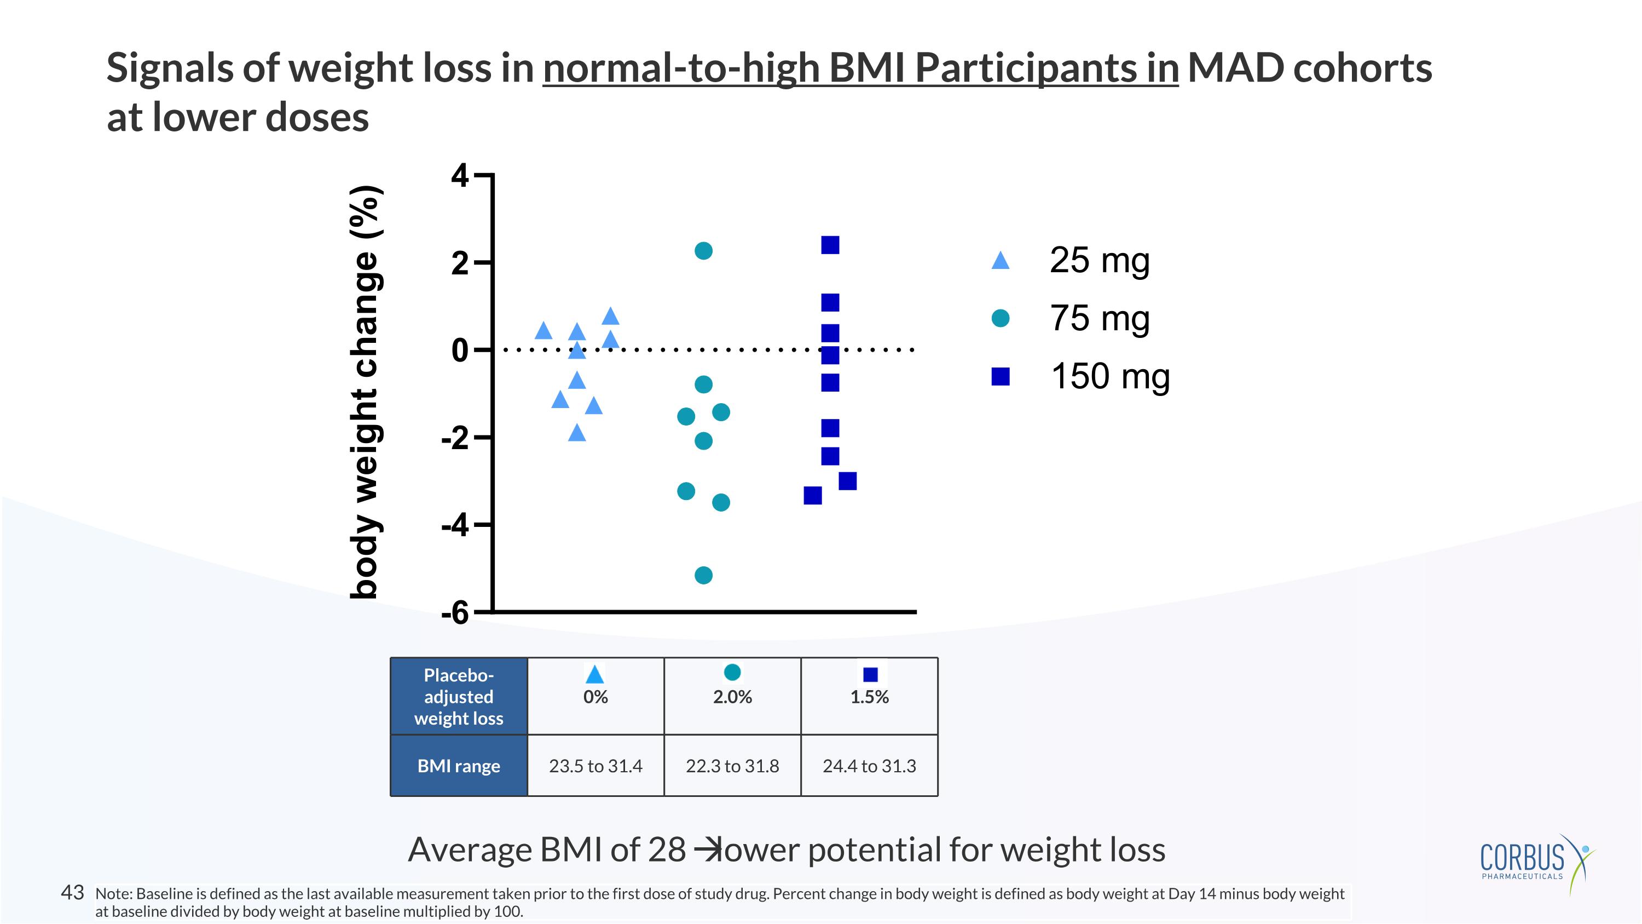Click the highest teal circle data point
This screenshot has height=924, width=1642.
point(703,251)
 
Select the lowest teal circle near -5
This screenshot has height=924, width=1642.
point(703,575)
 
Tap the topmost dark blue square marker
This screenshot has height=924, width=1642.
point(830,245)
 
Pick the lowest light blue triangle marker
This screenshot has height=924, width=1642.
point(577,434)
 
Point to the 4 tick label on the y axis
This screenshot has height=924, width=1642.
point(460,176)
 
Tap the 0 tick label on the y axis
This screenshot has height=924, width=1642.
point(460,350)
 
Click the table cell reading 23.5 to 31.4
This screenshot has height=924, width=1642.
point(595,766)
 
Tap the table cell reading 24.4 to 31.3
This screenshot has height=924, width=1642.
point(870,766)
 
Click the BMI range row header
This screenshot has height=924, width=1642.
point(459,766)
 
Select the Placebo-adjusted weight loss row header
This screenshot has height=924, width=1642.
point(459,696)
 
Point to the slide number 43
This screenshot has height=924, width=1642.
point(72,892)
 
